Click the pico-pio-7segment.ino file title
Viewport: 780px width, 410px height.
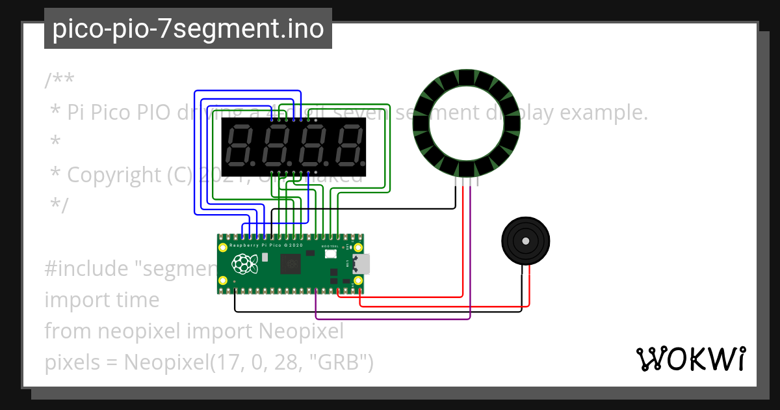click(188, 29)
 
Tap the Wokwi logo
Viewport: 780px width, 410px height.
click(690, 359)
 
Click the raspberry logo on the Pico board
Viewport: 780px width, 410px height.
click(244, 264)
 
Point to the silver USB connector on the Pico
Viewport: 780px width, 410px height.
click(361, 264)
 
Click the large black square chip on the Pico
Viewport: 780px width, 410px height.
click(290, 264)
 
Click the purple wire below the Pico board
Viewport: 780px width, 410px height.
click(390, 319)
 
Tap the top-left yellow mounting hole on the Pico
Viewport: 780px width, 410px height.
click(223, 248)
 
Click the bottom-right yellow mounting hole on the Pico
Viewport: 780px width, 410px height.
click(357, 280)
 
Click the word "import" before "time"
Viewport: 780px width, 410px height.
click(72, 300)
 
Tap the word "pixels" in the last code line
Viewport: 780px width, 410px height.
click(70, 362)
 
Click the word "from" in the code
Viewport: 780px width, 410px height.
click(68, 331)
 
